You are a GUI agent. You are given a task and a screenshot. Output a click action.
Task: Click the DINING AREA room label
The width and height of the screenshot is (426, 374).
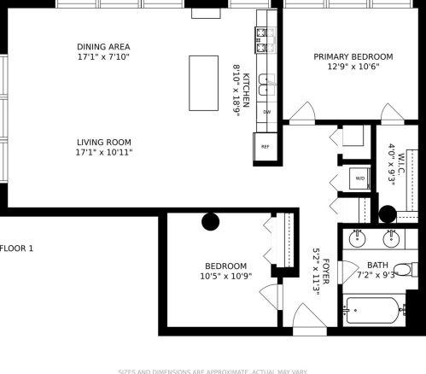point(104,46)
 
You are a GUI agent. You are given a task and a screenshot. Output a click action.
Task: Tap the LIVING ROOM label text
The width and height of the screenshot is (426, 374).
point(104,142)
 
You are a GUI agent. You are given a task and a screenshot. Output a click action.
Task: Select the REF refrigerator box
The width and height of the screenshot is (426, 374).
point(265,146)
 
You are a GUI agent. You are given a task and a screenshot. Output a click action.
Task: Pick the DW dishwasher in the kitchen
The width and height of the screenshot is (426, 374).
point(266,112)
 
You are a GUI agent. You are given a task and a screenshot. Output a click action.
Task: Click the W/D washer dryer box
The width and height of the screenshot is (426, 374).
point(359,178)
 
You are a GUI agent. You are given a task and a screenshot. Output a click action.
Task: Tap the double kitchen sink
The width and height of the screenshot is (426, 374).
point(266,84)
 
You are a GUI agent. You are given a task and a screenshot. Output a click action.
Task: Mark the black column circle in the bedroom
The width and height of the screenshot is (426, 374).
point(209,221)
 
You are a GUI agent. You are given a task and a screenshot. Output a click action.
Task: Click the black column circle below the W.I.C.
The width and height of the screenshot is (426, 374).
point(388,214)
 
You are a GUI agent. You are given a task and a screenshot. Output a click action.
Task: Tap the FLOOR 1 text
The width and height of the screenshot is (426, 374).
point(16,248)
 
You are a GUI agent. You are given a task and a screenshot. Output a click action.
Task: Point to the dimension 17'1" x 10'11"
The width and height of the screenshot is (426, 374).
point(104,153)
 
